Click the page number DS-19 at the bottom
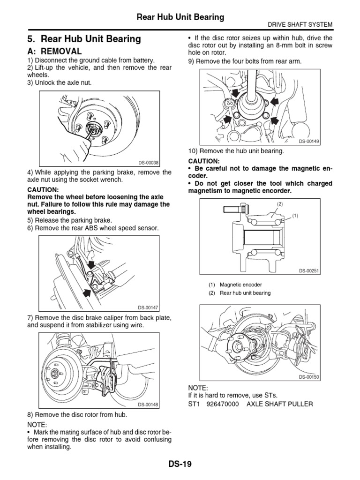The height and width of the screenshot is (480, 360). pyautogui.click(x=180, y=465)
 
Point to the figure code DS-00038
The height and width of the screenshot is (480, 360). pyautogui.click(x=149, y=163)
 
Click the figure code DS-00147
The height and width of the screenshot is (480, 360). pyautogui.click(x=149, y=307)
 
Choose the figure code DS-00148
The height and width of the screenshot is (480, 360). pyautogui.click(x=149, y=405)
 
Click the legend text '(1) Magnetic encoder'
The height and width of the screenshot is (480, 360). pyautogui.click(x=235, y=285)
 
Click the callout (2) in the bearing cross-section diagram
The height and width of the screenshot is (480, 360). pyautogui.click(x=280, y=204)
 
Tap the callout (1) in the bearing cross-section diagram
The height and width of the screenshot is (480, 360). pyautogui.click(x=295, y=216)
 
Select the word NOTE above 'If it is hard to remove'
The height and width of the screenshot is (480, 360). pyautogui.click(x=197, y=388)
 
